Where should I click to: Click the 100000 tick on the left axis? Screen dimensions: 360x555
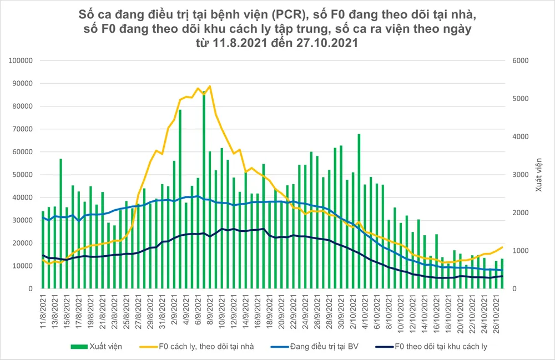(x=23, y=60)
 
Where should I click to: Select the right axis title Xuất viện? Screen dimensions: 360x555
(x=539, y=175)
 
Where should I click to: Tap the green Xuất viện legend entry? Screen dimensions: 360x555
(x=96, y=347)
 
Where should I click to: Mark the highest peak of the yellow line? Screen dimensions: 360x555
(x=209, y=86)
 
